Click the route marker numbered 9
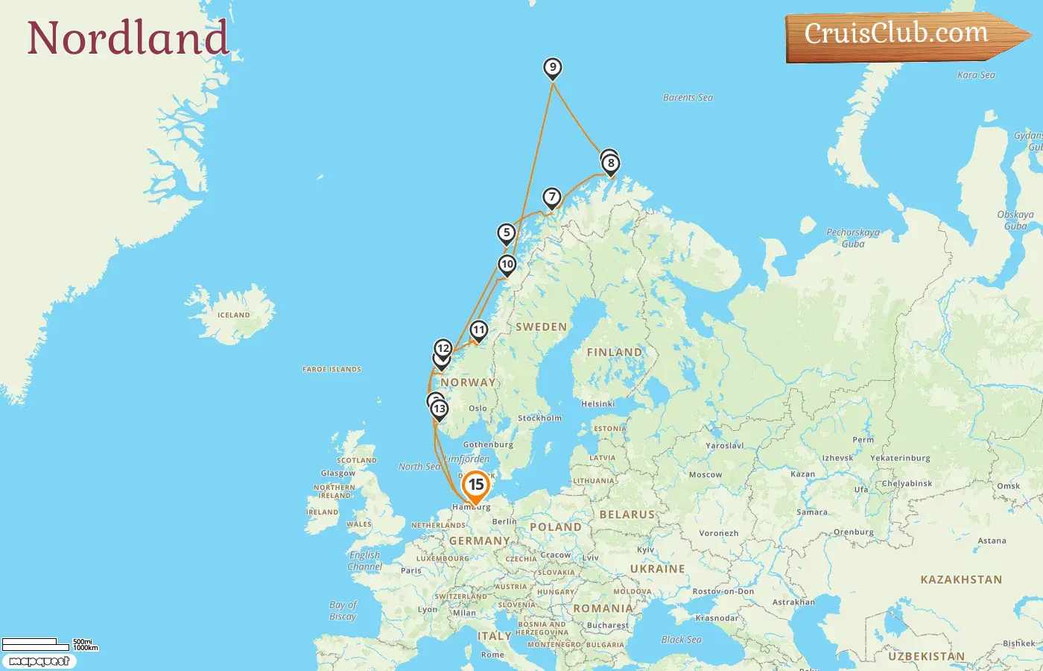tap(552, 68)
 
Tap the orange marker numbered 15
tap(475, 486)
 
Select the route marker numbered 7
tap(551, 198)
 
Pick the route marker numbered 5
tap(507, 233)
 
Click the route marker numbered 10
tap(507, 264)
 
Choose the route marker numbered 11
tap(478, 330)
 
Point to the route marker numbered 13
tap(440, 409)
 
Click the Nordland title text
tap(127, 38)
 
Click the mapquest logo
tap(39, 661)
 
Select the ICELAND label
tap(233, 315)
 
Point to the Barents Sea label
tap(688, 98)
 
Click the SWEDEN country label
tap(541, 327)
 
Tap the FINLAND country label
tap(614, 352)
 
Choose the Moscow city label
tap(705, 475)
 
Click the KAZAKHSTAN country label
tap(961, 579)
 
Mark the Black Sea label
tap(681, 640)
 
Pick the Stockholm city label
tap(539, 418)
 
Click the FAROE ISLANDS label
tap(332, 369)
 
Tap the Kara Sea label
tap(976, 75)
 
